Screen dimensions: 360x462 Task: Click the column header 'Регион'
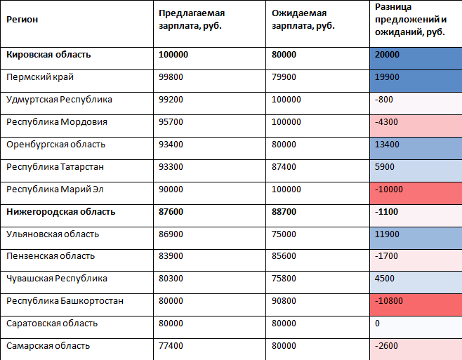22,19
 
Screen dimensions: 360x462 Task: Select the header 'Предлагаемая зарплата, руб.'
191,20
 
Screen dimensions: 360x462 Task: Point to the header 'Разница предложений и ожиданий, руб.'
411,20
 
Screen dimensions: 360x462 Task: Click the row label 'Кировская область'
48,55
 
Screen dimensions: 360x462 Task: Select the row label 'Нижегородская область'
60,211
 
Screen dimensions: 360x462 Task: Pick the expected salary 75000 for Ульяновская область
283,234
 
